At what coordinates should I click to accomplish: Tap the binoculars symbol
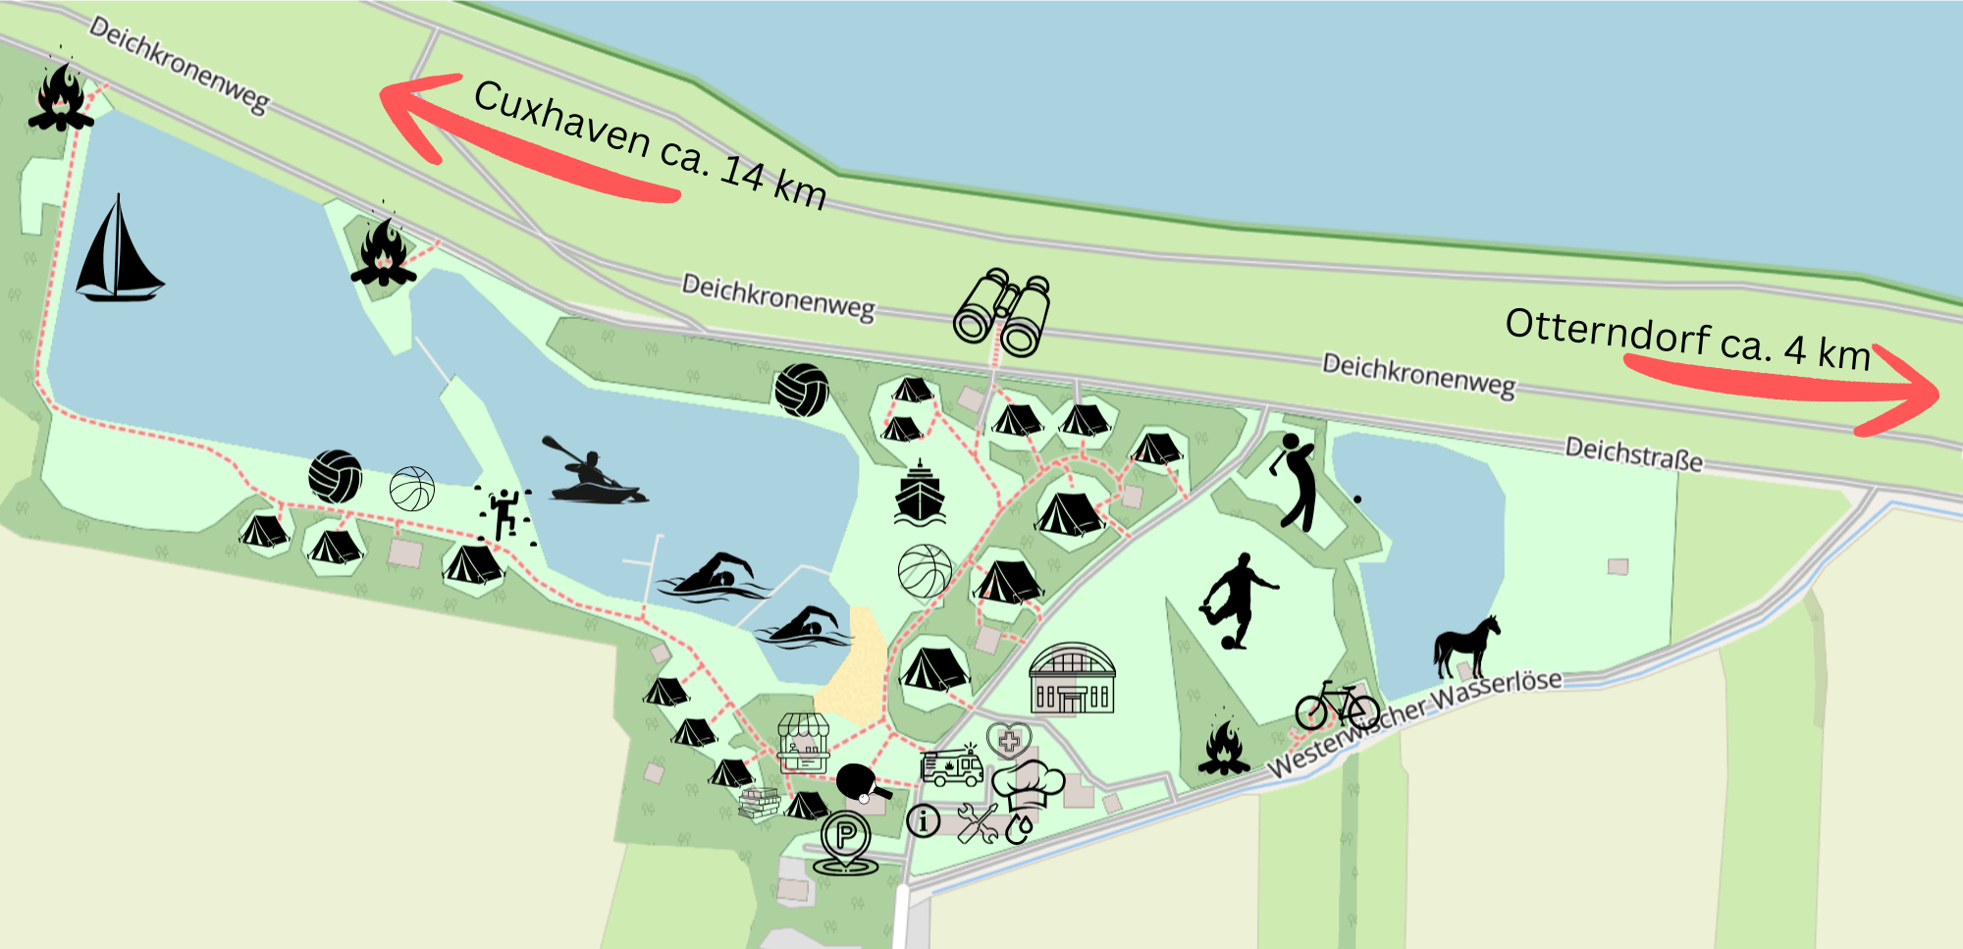pos(1002,312)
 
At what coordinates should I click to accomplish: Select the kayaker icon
pos(593,472)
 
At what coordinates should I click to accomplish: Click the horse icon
pos(1467,646)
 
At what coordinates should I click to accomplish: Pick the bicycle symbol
pos(1337,706)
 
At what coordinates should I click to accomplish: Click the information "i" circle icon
pos(923,819)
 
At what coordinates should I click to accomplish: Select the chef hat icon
pos(1028,782)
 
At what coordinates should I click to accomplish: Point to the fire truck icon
pos(951,765)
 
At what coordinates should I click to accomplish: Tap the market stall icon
pos(804,743)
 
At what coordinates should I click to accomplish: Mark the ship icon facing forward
pos(920,493)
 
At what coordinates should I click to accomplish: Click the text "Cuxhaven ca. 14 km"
pos(650,144)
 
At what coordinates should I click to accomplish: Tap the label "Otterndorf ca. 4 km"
pos(1687,339)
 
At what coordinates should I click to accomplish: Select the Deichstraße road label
pos(1633,454)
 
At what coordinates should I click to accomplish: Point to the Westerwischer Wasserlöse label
pos(1414,722)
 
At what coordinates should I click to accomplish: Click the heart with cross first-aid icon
pos(1008,739)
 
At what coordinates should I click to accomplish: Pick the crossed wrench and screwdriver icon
pos(977,822)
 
